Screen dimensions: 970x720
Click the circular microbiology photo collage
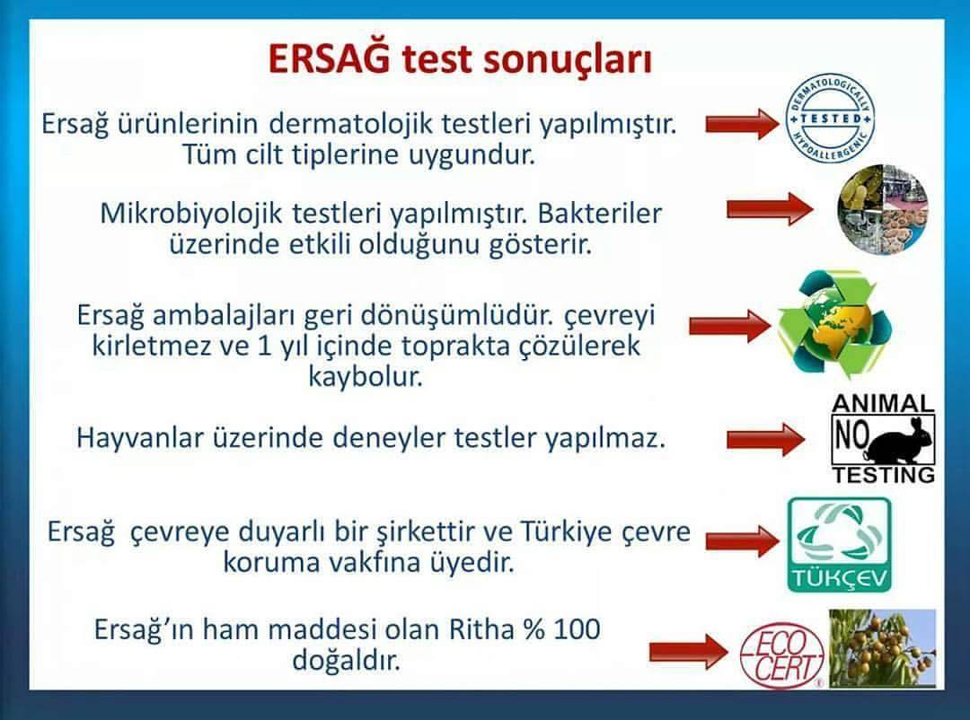click(x=884, y=209)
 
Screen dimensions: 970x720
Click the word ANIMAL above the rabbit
click(x=883, y=404)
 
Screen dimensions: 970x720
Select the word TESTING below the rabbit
click(x=884, y=475)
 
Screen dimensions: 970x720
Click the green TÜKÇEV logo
click(x=840, y=545)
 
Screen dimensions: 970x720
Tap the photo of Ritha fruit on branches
click(x=882, y=647)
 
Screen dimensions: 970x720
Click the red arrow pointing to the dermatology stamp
click(x=743, y=123)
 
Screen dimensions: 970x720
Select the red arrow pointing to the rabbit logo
click(x=765, y=440)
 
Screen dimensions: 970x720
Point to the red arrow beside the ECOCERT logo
click(x=689, y=652)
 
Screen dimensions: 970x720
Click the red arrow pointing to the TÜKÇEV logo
click(x=742, y=541)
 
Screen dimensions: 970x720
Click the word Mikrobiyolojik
click(x=191, y=214)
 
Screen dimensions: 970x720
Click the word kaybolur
click(x=366, y=376)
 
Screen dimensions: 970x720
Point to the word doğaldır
click(x=347, y=660)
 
